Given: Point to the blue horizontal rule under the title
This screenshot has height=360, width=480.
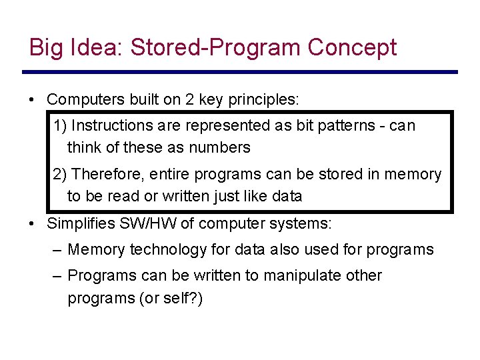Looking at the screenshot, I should pyautogui.click(x=240, y=72).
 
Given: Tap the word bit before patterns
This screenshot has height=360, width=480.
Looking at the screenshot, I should pyautogui.click(x=275, y=125).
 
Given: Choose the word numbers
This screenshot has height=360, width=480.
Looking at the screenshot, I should pyautogui.click(x=222, y=147).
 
